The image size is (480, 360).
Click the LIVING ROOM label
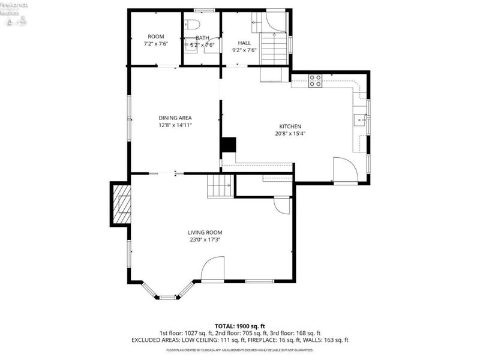(205, 232)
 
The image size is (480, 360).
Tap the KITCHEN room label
(290, 126)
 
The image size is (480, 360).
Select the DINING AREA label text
(175, 118)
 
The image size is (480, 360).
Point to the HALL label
(244, 43)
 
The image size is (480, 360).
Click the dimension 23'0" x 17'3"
(205, 241)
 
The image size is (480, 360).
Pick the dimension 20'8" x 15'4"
(290, 134)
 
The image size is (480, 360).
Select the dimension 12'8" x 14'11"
(175, 126)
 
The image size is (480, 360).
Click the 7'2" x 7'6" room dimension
(156, 44)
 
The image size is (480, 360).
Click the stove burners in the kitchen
(315, 80)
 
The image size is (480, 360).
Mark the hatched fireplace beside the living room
(122, 204)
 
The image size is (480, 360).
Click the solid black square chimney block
(228, 145)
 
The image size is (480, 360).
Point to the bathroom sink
(193, 44)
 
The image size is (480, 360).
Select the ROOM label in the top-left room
(156, 37)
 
